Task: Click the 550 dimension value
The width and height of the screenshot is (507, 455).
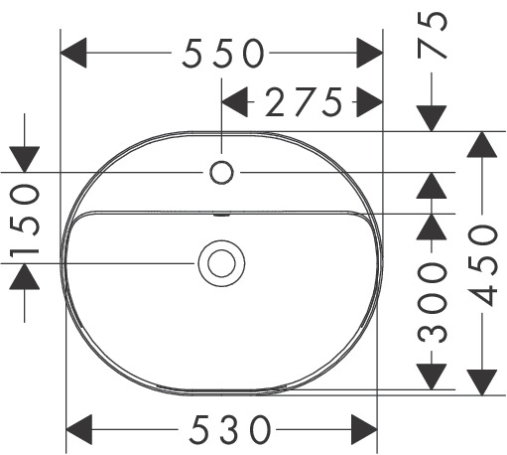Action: (223, 54)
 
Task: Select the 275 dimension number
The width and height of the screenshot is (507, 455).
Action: (304, 102)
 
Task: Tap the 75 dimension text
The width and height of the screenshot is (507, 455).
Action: (433, 35)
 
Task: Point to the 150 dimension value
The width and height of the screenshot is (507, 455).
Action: (25, 221)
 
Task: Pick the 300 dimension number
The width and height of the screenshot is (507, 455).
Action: (432, 302)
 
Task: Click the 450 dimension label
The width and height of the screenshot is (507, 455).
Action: (482, 265)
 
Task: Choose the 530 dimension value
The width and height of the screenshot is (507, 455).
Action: (229, 430)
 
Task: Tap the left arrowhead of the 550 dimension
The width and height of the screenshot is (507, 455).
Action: (73, 53)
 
